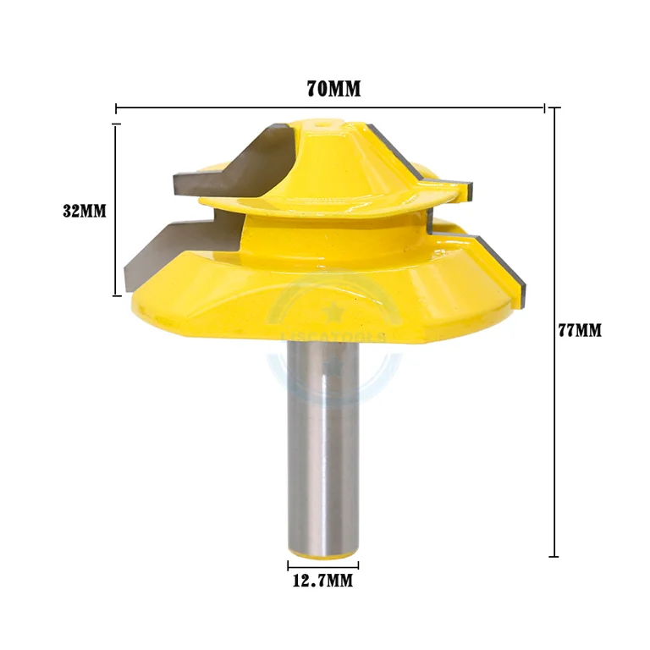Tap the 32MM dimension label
pos(85,211)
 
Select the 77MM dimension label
pos(579,330)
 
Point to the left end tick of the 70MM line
pos(116,108)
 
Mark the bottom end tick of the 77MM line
pos(554,556)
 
